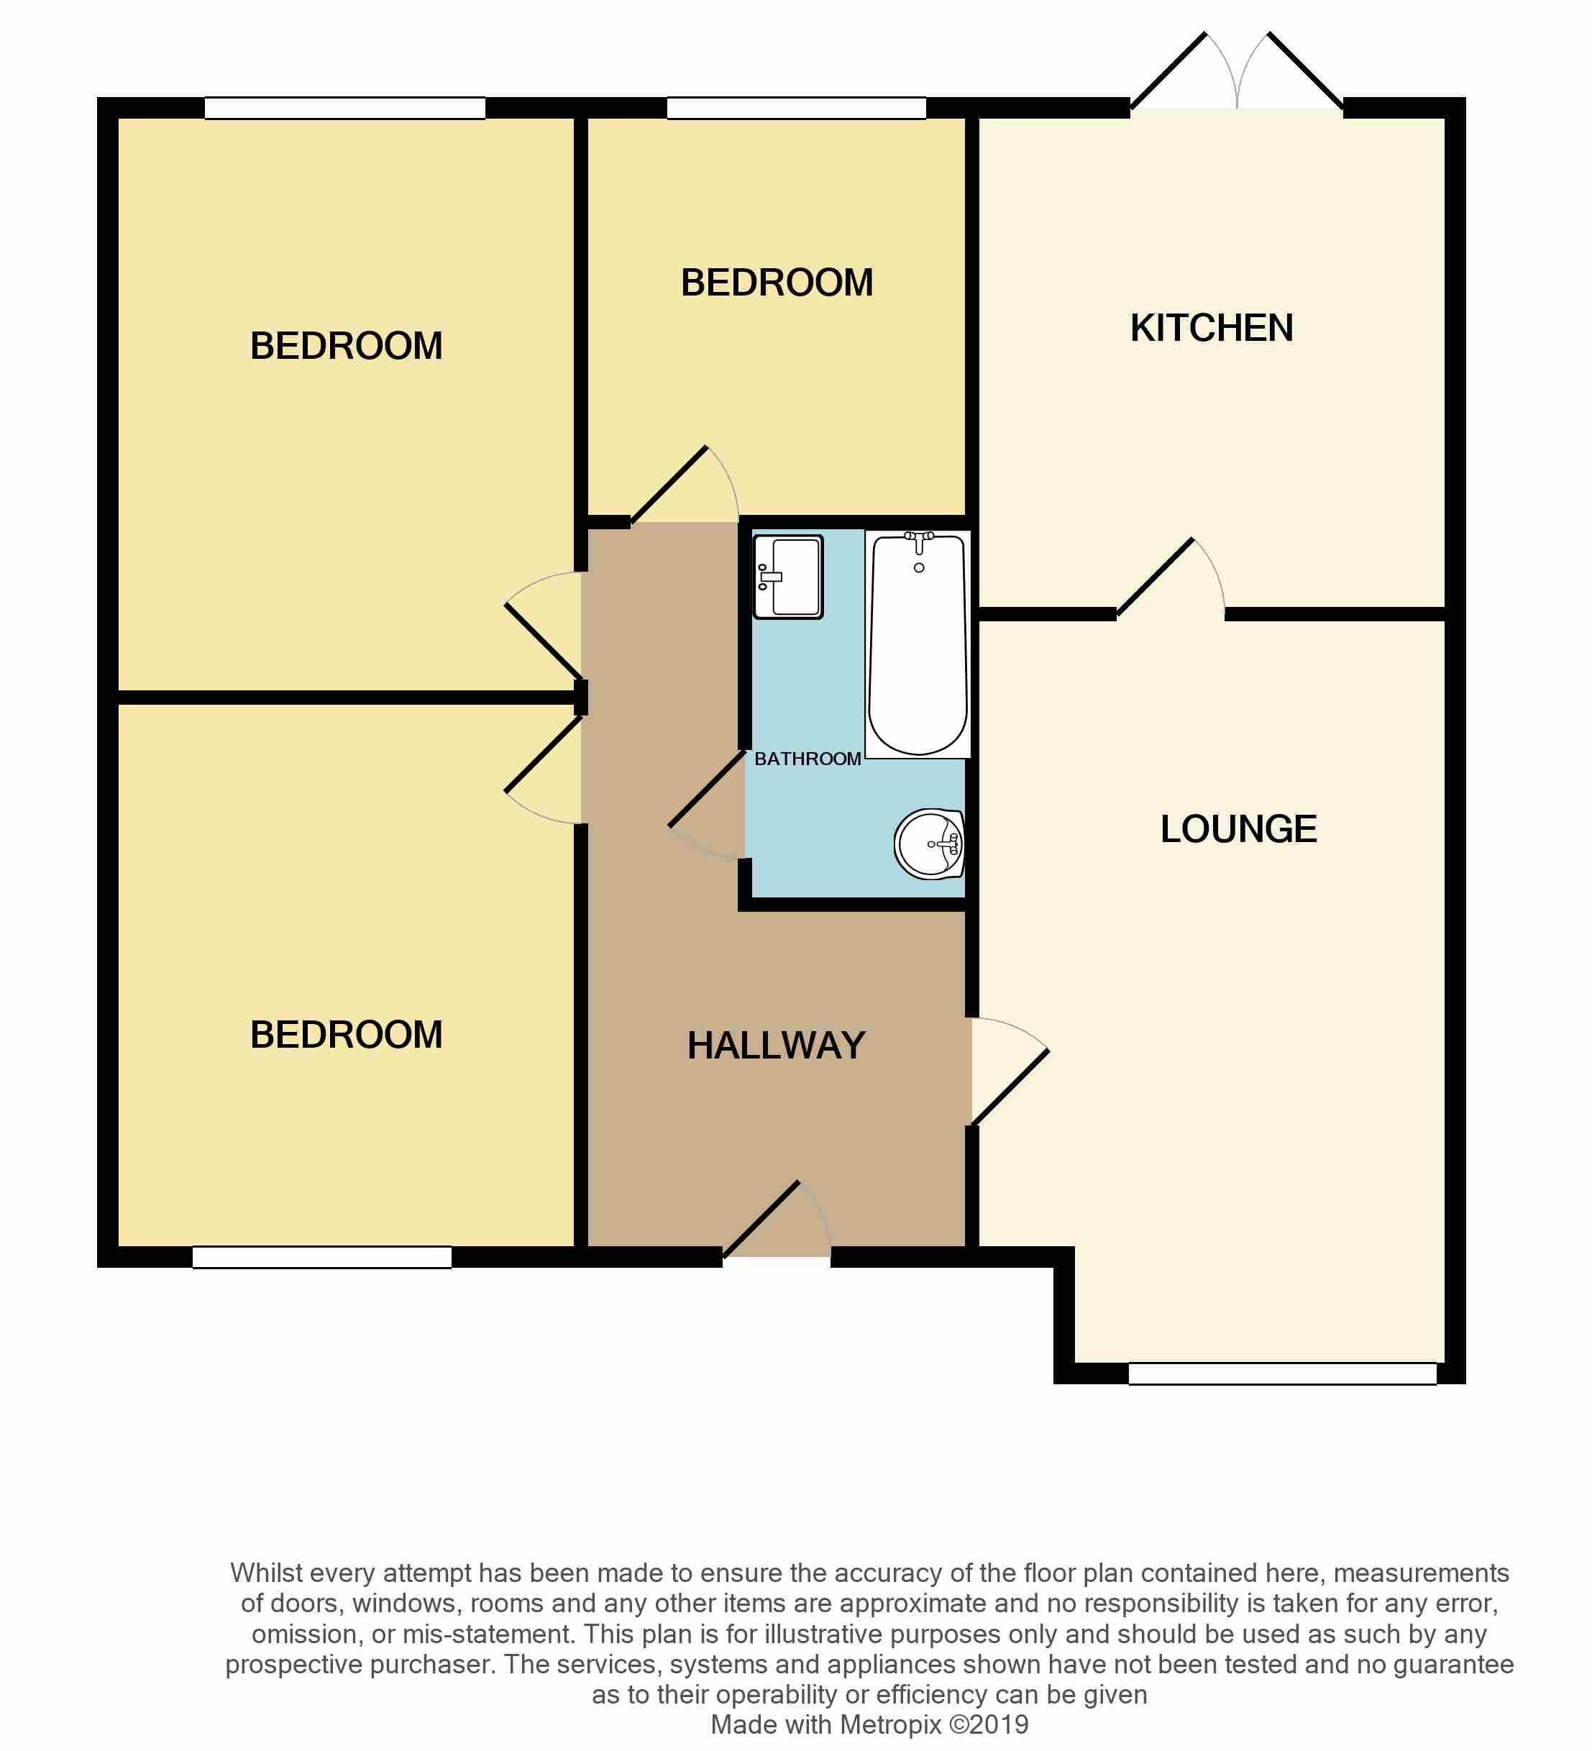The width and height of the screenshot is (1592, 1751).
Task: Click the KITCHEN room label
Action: coord(1211,329)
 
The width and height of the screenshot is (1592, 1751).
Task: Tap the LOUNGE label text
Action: coord(1238,829)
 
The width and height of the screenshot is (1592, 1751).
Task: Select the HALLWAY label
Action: coord(776,1046)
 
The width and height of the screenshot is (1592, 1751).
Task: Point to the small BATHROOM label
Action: coord(807,759)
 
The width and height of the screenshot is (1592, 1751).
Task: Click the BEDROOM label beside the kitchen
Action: coord(777,283)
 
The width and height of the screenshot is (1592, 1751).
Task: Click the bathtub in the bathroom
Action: coord(918,647)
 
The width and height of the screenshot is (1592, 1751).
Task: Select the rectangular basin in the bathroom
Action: coord(788,577)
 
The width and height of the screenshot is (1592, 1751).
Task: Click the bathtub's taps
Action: coord(919,540)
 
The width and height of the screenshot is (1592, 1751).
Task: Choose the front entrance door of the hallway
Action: coord(776,1221)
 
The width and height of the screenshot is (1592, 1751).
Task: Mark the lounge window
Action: coord(1281,1373)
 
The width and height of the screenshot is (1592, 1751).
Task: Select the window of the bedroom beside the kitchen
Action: coord(795,109)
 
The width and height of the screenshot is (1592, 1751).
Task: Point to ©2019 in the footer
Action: coord(989,1725)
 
